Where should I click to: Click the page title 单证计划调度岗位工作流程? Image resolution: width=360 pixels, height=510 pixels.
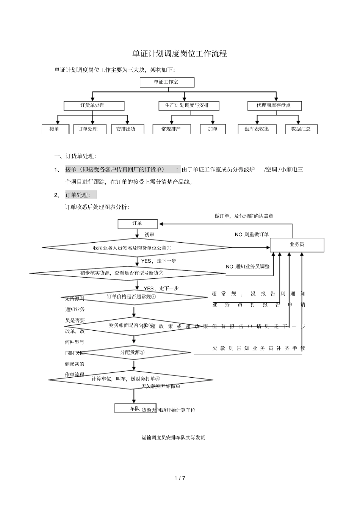coord(180,54)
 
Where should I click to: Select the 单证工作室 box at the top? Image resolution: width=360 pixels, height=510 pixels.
coord(167,82)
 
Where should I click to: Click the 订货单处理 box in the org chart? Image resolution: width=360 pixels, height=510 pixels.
coord(94,105)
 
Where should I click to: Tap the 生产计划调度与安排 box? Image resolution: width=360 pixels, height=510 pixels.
coord(188,105)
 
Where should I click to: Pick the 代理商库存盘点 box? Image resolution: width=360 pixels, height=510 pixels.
coord(274,105)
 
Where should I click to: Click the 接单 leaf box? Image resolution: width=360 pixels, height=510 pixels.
coord(55,129)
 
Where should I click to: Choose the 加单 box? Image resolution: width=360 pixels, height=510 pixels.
coord(213,129)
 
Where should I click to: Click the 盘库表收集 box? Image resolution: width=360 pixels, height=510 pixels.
coord(257,129)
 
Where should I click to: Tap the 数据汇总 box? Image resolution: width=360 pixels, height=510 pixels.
coord(301,129)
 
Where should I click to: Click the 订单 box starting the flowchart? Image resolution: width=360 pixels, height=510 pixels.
coord(137,224)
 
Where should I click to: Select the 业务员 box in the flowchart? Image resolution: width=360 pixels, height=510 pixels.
coord(297,245)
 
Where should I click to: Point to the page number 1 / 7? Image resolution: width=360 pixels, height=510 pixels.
coord(180,478)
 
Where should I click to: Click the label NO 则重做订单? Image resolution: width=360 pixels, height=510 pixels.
coord(252,235)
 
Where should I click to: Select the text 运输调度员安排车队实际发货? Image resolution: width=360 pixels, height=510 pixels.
coord(173,438)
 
